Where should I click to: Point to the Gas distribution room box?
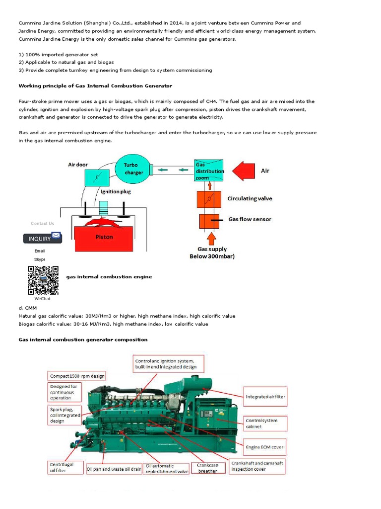tap(208, 171)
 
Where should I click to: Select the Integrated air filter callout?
tap(265, 397)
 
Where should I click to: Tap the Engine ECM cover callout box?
tap(265, 447)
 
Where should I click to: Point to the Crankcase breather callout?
tap(208, 468)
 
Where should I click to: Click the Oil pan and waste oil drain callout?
tap(114, 469)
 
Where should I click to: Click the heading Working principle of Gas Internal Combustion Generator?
tap(95, 86)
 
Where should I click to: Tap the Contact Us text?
tap(42, 223)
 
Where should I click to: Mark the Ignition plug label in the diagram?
tap(116, 191)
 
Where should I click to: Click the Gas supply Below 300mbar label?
tap(212, 253)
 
